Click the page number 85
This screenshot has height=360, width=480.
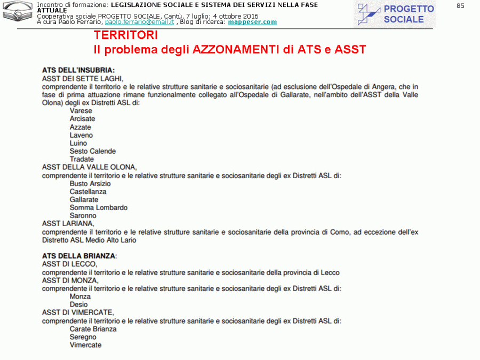coord(460,6)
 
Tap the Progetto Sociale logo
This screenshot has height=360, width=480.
coord(395,14)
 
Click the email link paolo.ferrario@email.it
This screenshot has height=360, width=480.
coord(139,22)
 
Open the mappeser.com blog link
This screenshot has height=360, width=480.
coord(252,22)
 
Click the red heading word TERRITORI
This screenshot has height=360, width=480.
coord(125,36)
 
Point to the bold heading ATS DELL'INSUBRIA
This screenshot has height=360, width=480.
coord(78,70)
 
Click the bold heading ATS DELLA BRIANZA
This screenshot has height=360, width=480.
coord(78,256)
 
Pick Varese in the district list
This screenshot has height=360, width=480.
coord(81,111)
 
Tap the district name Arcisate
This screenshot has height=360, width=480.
coord(82,119)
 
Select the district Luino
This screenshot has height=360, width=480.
coord(78,143)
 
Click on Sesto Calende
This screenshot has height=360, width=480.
coord(92,151)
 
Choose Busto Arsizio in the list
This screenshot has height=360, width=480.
coord(90,183)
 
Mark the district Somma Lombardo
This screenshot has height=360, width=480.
coord(98,207)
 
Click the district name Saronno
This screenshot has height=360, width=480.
coord(83,215)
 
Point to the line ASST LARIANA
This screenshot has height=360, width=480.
coord(68,223)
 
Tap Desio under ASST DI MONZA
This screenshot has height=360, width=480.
coord(78,305)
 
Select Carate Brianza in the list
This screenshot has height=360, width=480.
coord(93,329)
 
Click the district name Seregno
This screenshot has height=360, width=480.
coord(83,337)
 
